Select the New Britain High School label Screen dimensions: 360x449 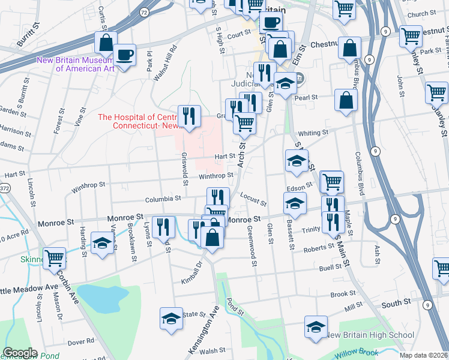370,335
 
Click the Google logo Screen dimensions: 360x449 19,353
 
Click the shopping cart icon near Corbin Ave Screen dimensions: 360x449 55,258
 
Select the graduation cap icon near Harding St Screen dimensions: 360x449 103,242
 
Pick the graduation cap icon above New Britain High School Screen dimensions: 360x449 316,326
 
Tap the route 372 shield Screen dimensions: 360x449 4,188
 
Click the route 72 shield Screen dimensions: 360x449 143,11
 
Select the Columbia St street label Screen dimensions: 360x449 163,198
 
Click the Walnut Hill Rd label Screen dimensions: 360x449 165,55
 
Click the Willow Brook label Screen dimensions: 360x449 355,353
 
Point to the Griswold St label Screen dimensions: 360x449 185,167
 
